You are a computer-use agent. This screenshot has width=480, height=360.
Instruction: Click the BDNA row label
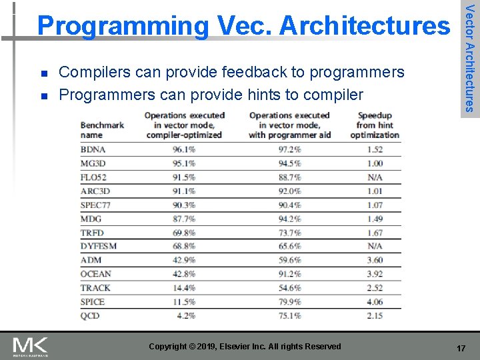coord(93,149)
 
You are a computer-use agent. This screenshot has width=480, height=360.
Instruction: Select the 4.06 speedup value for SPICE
coord(375,302)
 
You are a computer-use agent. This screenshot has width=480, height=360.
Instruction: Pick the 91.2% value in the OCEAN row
coord(289,274)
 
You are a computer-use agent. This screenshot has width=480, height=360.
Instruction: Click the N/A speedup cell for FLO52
coord(375,177)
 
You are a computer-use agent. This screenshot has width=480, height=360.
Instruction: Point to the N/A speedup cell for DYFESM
coord(375,246)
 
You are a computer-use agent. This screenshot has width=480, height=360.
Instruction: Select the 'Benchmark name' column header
coord(102,129)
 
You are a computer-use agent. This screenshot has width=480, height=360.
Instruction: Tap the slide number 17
coord(461,349)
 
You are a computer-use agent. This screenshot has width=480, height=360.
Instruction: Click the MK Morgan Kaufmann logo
coord(31,347)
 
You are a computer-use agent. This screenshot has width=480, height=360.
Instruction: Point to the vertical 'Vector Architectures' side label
coord(469,58)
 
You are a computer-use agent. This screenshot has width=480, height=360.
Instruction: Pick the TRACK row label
coord(95,288)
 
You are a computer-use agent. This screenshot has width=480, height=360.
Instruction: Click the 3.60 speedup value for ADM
coord(375,260)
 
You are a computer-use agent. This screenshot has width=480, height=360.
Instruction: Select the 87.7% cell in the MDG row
coord(184,219)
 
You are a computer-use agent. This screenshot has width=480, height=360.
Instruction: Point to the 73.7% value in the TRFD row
coord(289,233)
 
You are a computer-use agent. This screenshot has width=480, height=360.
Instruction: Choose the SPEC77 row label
coord(95,205)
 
